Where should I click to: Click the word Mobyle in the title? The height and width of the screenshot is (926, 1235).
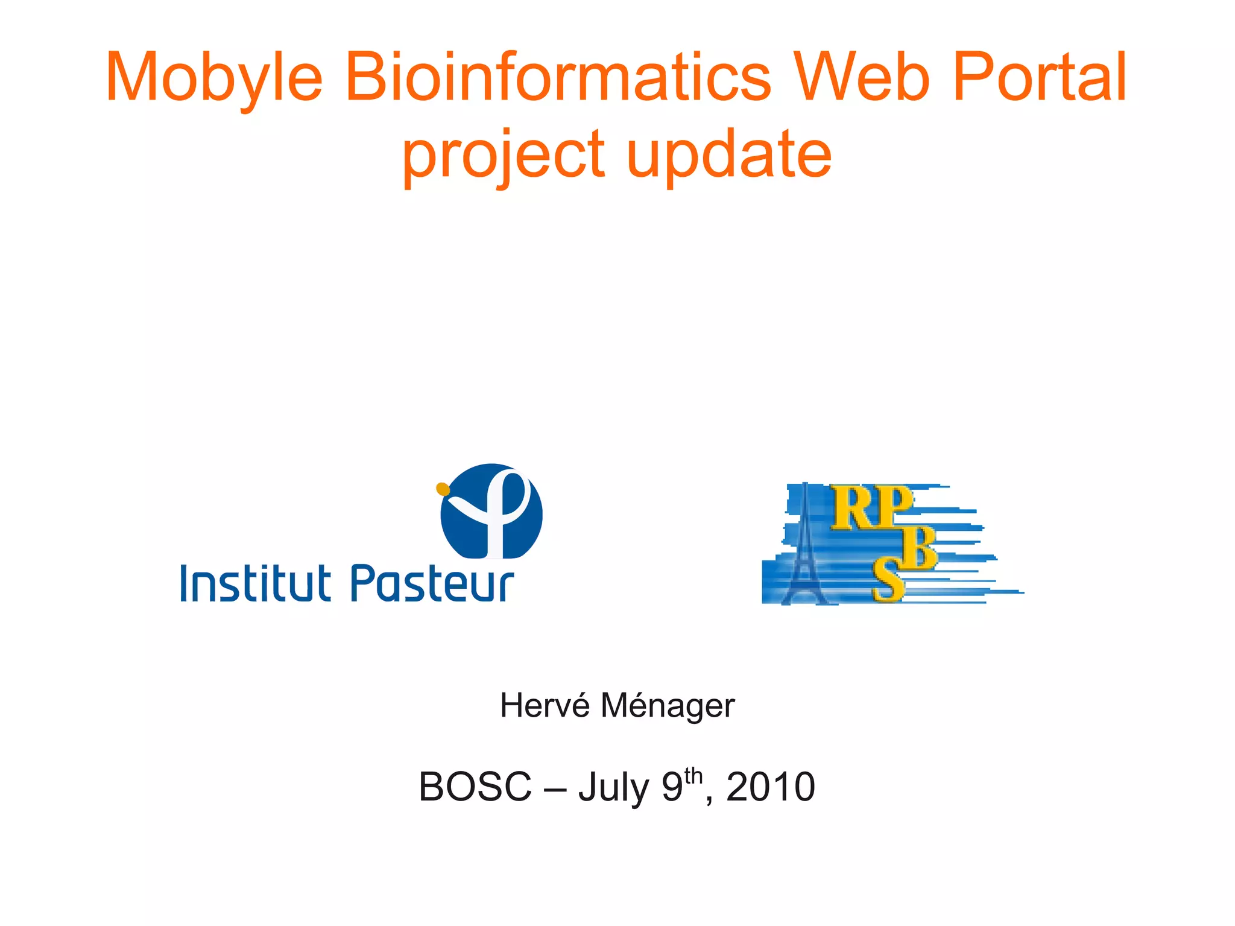click(x=214, y=78)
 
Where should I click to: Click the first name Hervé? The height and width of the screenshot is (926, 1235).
click(x=545, y=705)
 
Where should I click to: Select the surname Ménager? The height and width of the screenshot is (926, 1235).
click(x=668, y=706)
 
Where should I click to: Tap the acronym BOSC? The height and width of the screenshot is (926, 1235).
click(x=475, y=787)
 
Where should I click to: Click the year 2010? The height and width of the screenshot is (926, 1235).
click(x=771, y=787)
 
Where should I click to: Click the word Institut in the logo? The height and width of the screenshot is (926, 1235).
click(x=256, y=583)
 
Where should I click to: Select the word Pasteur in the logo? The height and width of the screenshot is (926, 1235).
click(x=432, y=583)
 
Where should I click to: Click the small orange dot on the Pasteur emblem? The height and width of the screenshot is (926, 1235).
click(x=443, y=489)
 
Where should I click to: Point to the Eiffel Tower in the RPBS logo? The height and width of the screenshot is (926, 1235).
click(x=804, y=549)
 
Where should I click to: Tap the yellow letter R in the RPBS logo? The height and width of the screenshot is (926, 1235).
click(x=850, y=509)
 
